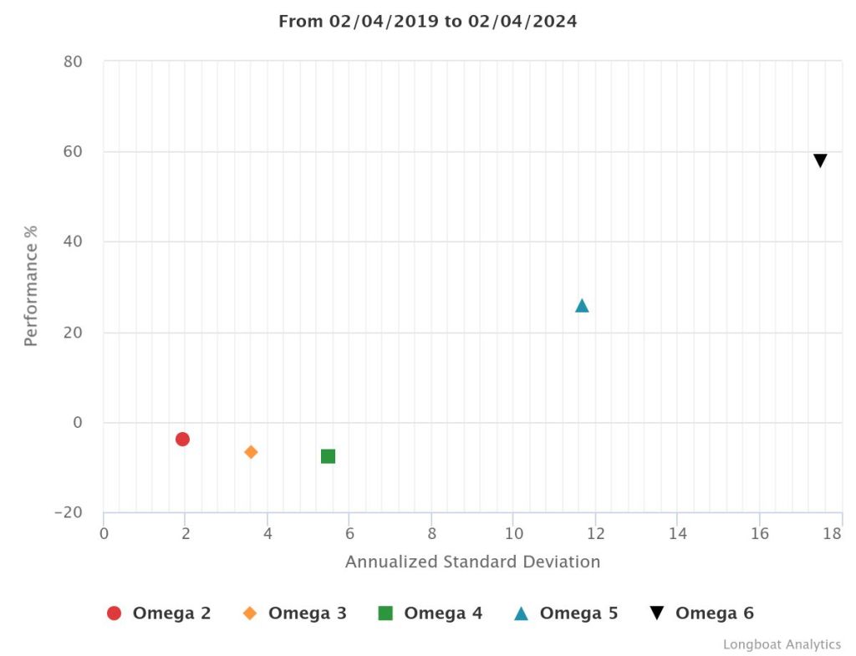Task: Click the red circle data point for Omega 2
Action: pos(182,439)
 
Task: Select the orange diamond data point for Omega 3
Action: pos(251,452)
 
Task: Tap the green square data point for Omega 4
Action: pos(328,456)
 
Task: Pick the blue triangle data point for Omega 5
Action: pos(582,306)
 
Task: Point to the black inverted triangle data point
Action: pos(820,160)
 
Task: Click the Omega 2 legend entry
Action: pos(159,613)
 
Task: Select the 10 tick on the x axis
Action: pos(513,533)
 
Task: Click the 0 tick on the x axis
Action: pos(104,533)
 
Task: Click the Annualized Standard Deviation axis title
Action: pos(472,562)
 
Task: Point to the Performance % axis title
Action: pos(31,286)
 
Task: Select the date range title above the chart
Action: pos(427,22)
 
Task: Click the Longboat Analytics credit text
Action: pos(782,644)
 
